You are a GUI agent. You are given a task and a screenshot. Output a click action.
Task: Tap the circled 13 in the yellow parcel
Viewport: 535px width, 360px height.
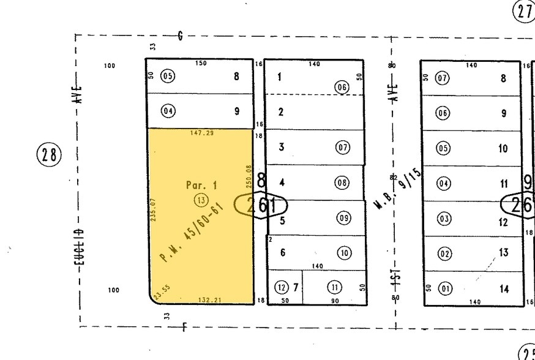[200, 200]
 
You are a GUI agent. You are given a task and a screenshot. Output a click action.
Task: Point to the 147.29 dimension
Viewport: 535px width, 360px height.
[201, 133]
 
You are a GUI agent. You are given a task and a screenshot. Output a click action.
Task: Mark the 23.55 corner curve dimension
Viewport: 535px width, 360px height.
[162, 291]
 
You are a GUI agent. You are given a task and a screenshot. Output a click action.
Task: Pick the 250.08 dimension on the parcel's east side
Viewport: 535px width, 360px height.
[249, 176]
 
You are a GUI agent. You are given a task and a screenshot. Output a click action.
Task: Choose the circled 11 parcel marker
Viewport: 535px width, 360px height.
[334, 287]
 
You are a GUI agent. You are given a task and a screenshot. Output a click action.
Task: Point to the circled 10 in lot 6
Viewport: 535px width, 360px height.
[344, 253]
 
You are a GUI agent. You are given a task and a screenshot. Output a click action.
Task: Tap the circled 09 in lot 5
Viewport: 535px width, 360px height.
[344, 218]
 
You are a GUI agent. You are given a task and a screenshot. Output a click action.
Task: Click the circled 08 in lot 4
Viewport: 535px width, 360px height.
[342, 182]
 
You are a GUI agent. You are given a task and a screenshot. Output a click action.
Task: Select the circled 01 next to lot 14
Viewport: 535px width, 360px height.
[443, 288]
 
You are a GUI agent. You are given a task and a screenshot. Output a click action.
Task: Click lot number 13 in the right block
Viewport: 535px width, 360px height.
[504, 252]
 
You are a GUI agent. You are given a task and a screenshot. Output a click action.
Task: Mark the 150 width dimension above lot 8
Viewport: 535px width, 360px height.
[201, 63]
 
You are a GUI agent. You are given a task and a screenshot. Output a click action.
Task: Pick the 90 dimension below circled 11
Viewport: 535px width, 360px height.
[334, 301]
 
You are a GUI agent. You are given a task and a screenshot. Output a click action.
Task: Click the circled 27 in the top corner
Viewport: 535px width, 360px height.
[524, 11]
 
